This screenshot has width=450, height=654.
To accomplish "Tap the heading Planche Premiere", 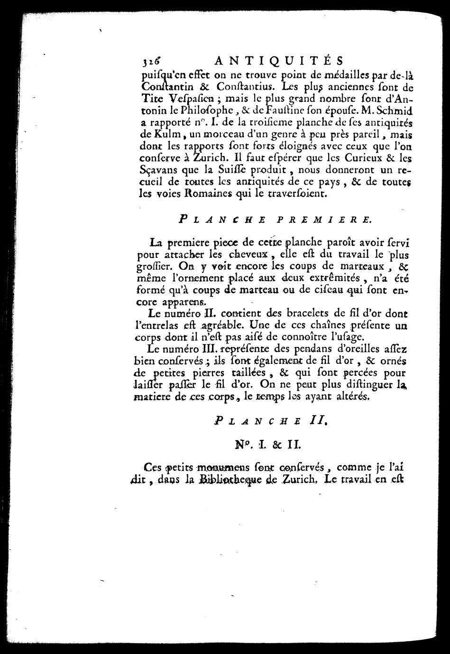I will click(x=275, y=220).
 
